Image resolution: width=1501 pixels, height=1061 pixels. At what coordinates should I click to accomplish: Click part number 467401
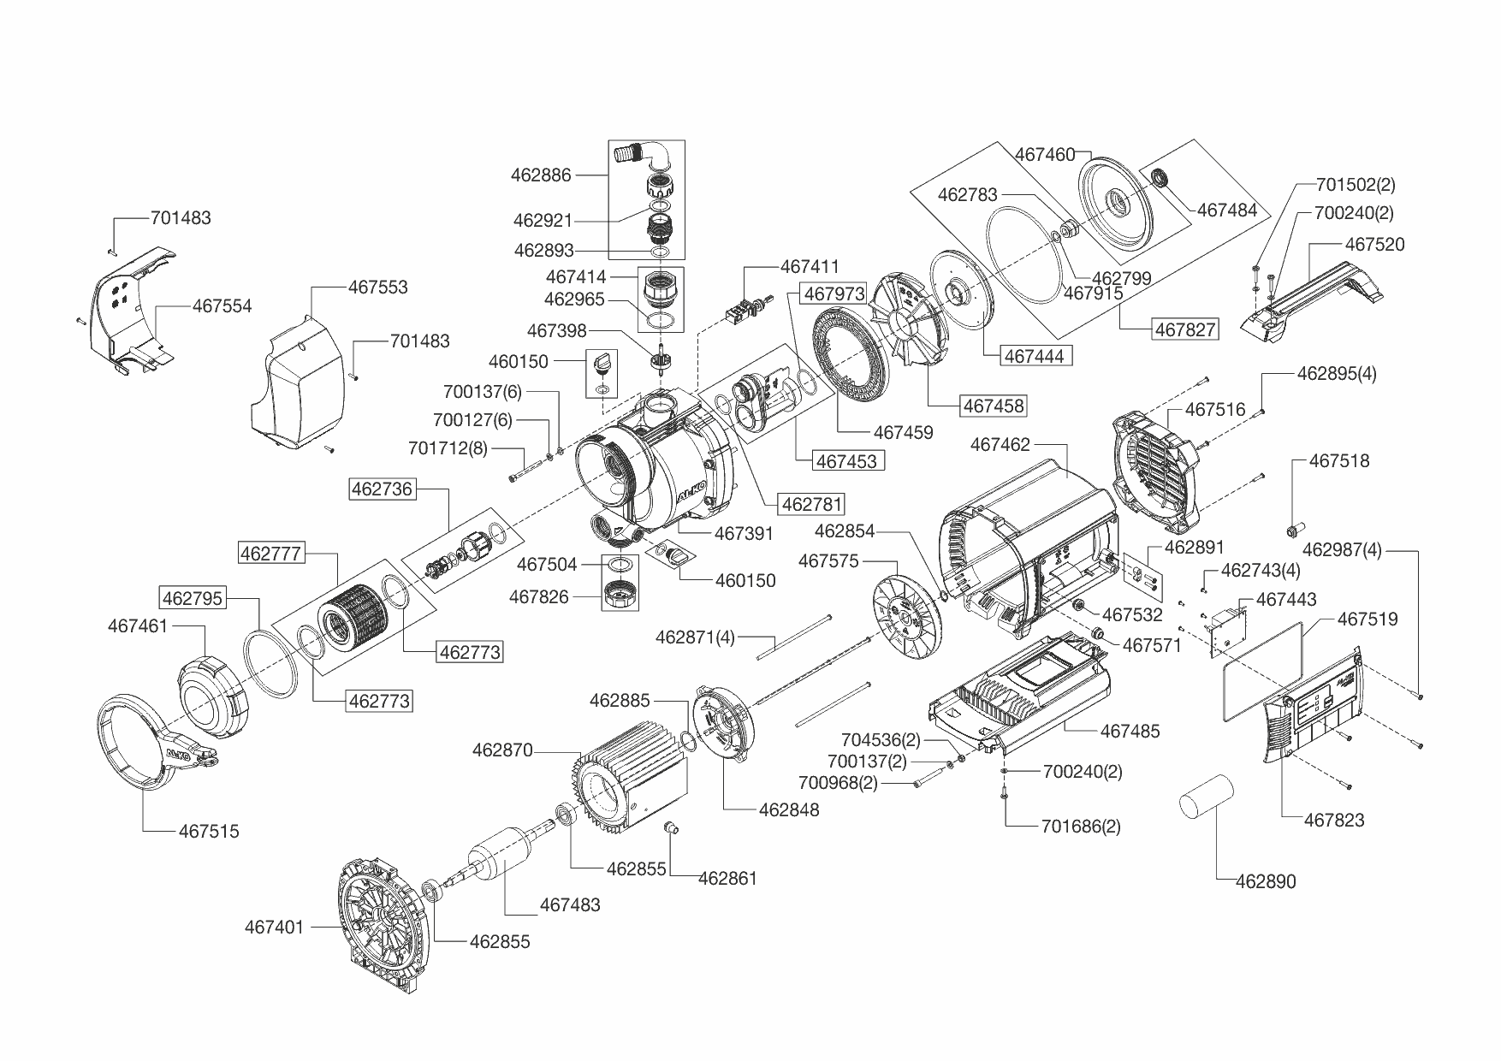274,927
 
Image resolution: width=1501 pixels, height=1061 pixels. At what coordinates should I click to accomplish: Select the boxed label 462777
270,554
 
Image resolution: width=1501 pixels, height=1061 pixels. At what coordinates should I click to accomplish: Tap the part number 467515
209,831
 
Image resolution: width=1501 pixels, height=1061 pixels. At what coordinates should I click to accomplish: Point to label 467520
1374,244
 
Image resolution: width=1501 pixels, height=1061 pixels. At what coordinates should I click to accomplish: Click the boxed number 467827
1185,329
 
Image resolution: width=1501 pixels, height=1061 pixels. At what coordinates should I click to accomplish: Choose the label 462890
1266,881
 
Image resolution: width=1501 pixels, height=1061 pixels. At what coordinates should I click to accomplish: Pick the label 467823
1334,820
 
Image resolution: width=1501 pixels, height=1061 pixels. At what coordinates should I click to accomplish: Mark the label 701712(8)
448,448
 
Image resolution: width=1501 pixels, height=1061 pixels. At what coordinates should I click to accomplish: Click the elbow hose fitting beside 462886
644,157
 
